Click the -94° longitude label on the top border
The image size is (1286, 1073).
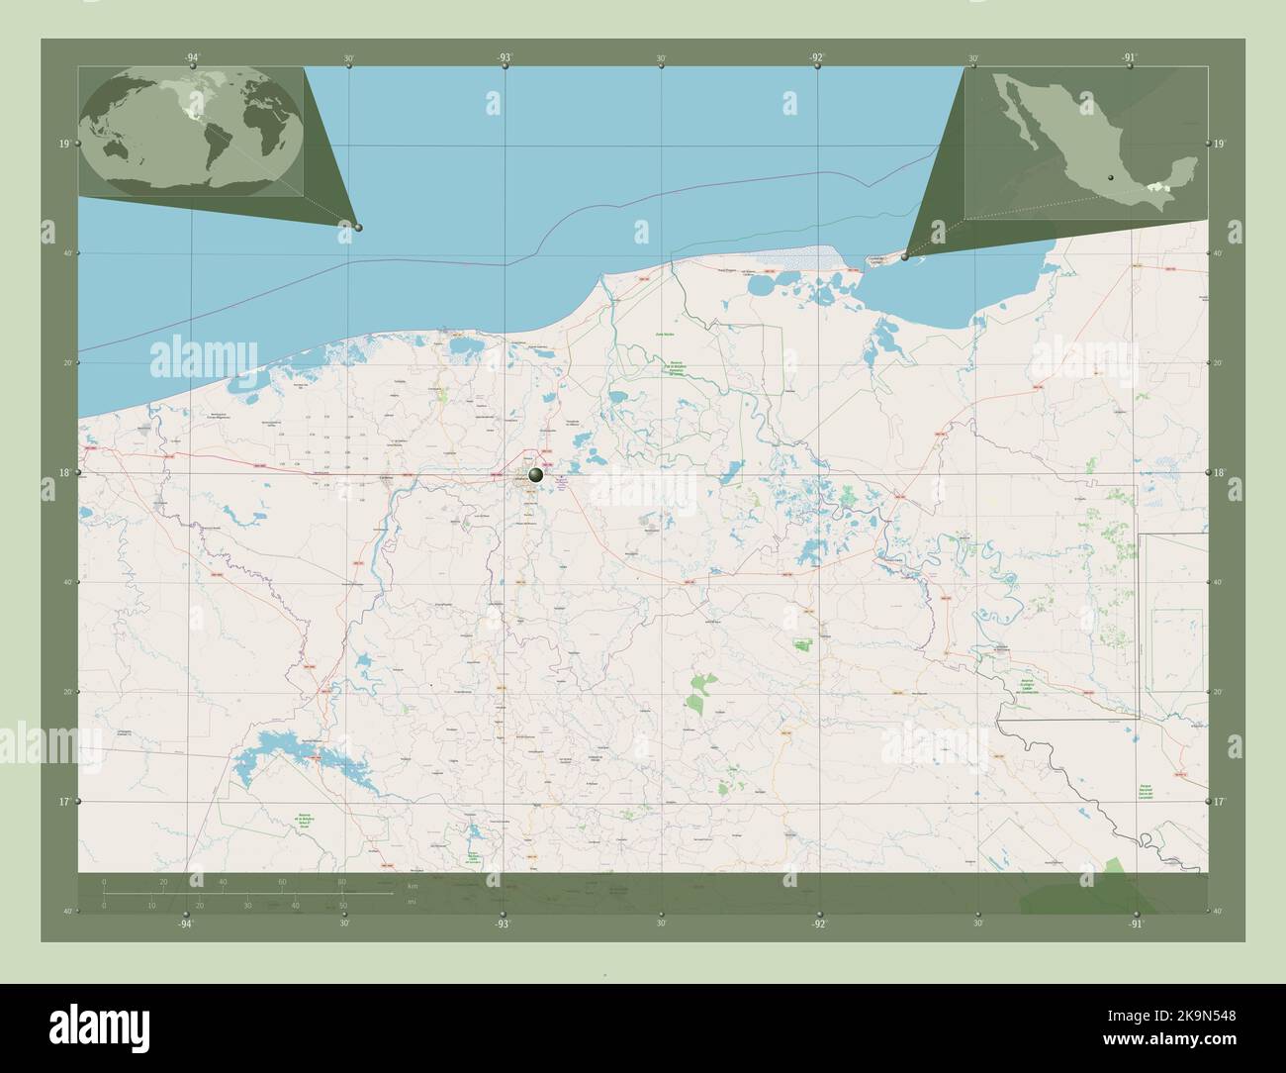192,58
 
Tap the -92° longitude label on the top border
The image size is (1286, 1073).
816,58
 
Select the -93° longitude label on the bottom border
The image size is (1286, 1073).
504,924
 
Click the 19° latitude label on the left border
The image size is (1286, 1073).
64,145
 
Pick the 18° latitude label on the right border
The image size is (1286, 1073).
1222,473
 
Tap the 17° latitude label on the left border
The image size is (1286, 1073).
64,801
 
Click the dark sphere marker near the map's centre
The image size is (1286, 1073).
536,476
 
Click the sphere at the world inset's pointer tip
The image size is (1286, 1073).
358,228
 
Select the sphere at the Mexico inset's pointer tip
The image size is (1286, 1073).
905,256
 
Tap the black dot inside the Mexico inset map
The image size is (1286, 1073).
1111,178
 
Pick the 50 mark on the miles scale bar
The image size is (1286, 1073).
342,905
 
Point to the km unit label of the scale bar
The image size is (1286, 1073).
412,885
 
